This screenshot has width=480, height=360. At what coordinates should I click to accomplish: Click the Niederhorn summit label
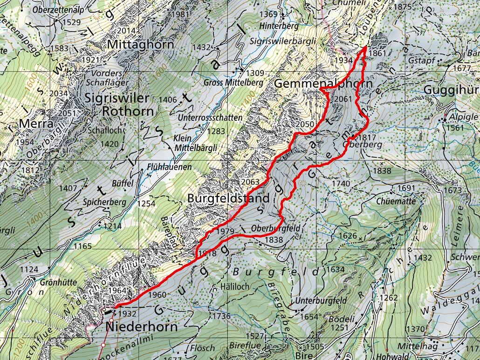point(142,326)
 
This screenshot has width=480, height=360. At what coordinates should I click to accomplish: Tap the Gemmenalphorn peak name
point(323,84)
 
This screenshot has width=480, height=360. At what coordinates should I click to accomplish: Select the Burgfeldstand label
point(228,198)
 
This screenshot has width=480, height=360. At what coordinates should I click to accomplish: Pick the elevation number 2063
point(250,182)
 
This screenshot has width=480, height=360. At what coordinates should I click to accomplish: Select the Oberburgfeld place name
point(275,229)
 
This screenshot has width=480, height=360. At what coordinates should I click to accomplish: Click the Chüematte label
point(400,201)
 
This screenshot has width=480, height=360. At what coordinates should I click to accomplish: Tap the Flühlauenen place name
point(169,167)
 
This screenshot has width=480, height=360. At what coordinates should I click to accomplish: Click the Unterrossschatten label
point(210,118)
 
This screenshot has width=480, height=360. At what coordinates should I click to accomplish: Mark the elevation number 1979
point(225,231)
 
